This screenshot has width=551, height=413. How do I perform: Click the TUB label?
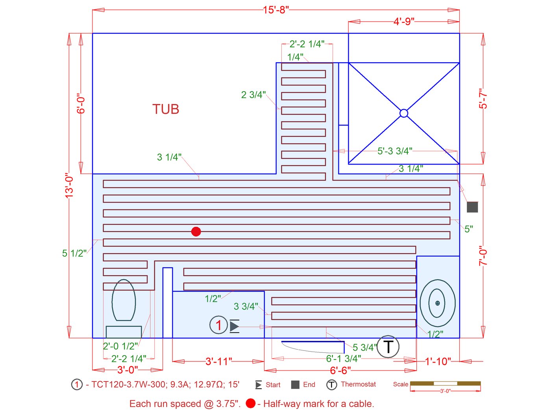pos(166,109)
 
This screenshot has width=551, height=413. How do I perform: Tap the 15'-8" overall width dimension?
pos(275,10)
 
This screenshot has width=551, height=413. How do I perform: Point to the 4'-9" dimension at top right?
pos(404,21)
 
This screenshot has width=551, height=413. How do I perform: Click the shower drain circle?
pos(404,113)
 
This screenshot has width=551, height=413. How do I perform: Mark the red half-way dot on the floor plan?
pos(196,232)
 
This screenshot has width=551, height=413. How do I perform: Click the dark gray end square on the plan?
pos(472,207)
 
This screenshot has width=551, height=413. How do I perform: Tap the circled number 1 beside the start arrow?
pos(218,325)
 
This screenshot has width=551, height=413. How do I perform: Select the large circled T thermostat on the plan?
pos(388,347)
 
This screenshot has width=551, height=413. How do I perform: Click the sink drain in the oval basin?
pos(437,303)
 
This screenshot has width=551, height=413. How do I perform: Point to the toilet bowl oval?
pos(124,300)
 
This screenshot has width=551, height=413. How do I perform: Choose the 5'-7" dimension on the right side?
pos(483,98)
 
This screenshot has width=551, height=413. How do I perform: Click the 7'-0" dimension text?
pos(483,256)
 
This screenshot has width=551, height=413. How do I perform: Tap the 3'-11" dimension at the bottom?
pos(218,361)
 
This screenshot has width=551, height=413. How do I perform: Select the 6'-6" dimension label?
pos(340,370)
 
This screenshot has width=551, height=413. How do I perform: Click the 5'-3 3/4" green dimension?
pos(395,151)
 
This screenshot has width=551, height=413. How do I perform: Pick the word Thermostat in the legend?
pos(358,384)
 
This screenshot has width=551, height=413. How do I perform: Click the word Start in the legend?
pos(273,385)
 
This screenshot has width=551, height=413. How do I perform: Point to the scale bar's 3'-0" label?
pos(445,391)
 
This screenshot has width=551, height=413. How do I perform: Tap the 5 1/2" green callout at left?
pos(74,253)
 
